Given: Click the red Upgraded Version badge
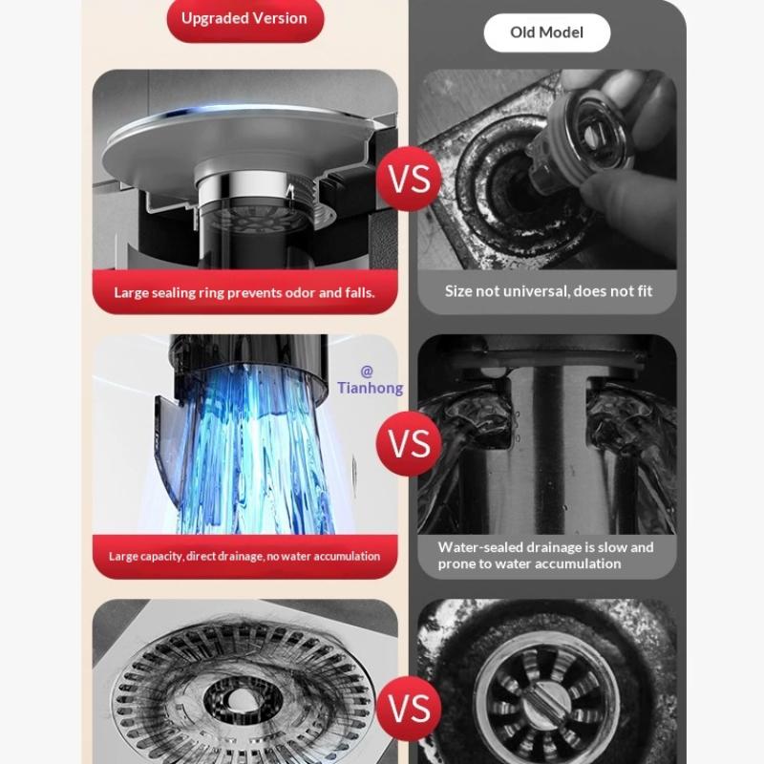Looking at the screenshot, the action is pyautogui.click(x=245, y=18).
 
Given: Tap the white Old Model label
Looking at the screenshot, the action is pyautogui.click(x=546, y=32).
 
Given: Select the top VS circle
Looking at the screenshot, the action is pyautogui.click(x=410, y=179).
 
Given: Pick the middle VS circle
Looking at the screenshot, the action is pyautogui.click(x=410, y=443).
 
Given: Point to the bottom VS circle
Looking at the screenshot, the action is pyautogui.click(x=410, y=709).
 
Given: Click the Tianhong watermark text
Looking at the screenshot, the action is pyautogui.click(x=371, y=388).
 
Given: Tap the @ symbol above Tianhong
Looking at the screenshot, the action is pyautogui.click(x=367, y=371).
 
